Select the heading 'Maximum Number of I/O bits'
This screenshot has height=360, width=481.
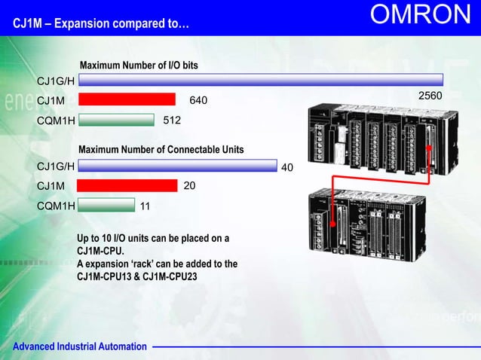click(139, 66)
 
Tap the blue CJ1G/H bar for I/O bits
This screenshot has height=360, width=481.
click(261, 80)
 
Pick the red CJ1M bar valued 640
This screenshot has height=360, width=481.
click(127, 99)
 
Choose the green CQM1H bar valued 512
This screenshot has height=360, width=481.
click(115, 119)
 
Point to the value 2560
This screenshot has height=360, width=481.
click(430, 97)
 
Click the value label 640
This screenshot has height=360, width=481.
click(198, 100)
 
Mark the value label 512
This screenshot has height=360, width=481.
click(173, 119)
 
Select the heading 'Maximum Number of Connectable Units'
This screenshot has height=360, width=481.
click(161, 150)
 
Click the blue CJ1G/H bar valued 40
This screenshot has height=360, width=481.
click(177, 166)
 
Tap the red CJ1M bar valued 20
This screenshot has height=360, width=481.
click(127, 185)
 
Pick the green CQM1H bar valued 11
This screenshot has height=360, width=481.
click(106, 204)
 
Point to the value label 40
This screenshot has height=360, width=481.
click(286, 167)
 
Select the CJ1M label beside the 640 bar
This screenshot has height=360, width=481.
click(51, 100)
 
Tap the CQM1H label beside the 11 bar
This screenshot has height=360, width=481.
click(56, 205)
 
